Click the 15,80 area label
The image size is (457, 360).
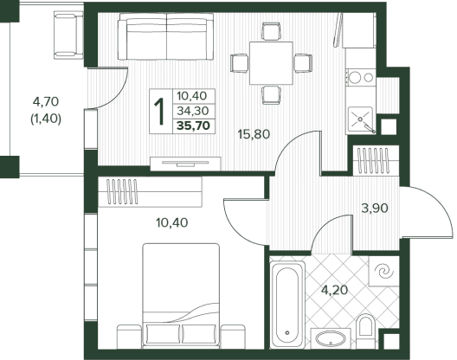coord(254,134)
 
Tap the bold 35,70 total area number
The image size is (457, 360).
coord(194,126)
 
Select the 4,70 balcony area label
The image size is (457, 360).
coord(46,102)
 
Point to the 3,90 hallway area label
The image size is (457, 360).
coord(375,209)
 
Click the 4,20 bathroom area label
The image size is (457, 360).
coord(335,290)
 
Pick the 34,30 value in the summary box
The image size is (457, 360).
coord(193,111)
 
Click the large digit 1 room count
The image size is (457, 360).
coord(160,112)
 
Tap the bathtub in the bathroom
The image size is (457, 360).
coord(287,305)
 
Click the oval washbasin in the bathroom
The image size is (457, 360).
coord(331,338)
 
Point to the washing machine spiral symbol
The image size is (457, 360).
coord(383,271)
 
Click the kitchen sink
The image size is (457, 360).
coord(361,120)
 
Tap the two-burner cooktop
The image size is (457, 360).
coord(361,78)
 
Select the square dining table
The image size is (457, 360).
coord(271,63)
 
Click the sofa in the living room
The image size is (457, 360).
coord(166,36)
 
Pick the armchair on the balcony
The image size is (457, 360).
coord(68,35)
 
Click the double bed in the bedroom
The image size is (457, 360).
coord(181,296)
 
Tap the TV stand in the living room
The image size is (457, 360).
coord(185,164)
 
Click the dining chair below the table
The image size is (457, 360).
coord(272,95)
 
